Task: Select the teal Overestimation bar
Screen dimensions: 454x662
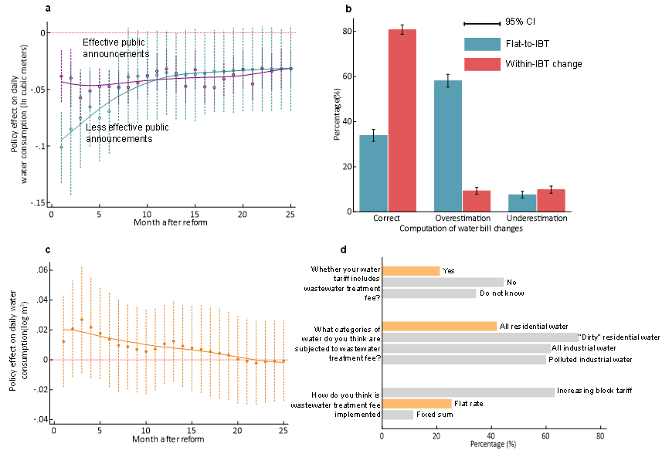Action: (x=448, y=146)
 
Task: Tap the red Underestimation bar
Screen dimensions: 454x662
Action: (x=552, y=200)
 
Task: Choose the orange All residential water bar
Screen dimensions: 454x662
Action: (x=440, y=326)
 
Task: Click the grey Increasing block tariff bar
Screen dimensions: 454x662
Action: (x=468, y=392)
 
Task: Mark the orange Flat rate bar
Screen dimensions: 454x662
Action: (x=417, y=403)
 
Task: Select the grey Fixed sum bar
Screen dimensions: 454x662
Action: (x=398, y=415)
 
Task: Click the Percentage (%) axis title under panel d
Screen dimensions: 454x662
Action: (x=494, y=446)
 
